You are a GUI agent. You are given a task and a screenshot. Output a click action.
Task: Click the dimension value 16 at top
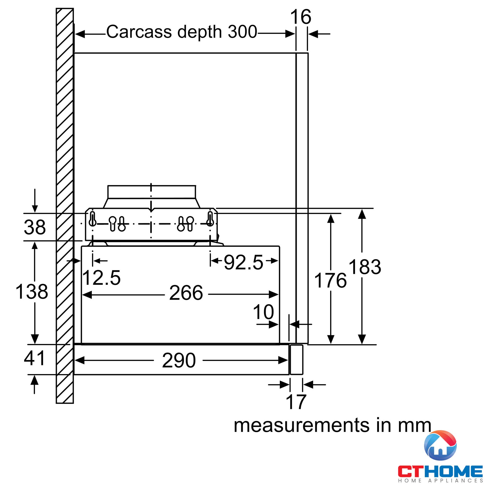coord(300,17)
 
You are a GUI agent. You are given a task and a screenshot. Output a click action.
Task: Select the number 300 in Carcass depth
coord(242,32)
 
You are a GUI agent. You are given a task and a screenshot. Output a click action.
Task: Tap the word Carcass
coord(139,32)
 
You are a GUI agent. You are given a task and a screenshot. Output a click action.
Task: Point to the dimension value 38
coord(35,227)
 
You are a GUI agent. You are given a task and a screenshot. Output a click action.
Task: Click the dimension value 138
coord(32,292)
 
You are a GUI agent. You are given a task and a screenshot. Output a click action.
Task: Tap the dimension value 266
coord(186,293)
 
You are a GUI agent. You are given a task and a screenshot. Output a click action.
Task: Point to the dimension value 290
coord(179,360)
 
